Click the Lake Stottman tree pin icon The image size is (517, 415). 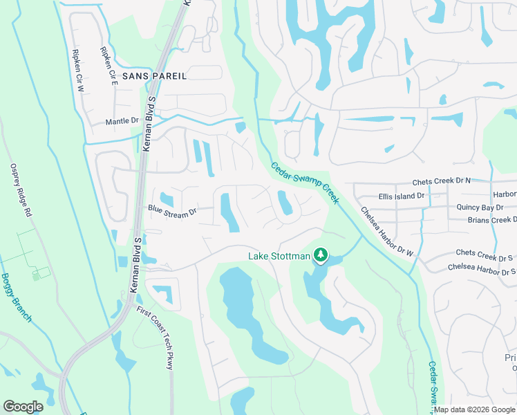320,256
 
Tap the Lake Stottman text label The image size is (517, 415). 279,257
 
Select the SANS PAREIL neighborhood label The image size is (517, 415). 153,75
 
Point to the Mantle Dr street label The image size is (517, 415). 122,121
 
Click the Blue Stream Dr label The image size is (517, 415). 172,211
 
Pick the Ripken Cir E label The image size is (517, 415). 109,66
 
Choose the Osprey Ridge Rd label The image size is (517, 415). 21,191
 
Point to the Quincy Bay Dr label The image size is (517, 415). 480,207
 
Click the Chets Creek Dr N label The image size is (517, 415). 441,181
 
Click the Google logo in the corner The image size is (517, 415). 23,407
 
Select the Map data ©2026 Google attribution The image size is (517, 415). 474,409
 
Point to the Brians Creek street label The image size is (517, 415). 491,220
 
